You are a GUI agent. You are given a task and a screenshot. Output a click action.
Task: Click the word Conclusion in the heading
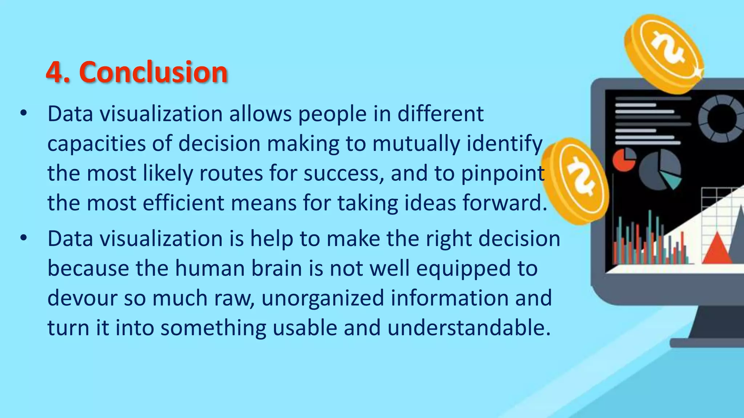coord(153,72)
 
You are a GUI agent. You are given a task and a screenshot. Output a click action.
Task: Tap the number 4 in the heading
coord(54,73)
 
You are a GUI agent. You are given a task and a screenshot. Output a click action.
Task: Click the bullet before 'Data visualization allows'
coord(24,114)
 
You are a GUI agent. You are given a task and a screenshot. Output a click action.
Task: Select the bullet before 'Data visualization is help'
coord(24,238)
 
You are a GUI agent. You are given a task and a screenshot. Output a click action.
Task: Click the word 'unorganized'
coord(323,298)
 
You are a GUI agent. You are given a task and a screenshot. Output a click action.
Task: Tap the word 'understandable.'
coord(469,328)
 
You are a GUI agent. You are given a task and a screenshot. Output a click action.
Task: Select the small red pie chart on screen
coord(623,160)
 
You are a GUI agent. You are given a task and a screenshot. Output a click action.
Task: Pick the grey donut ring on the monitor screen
coord(721,118)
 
